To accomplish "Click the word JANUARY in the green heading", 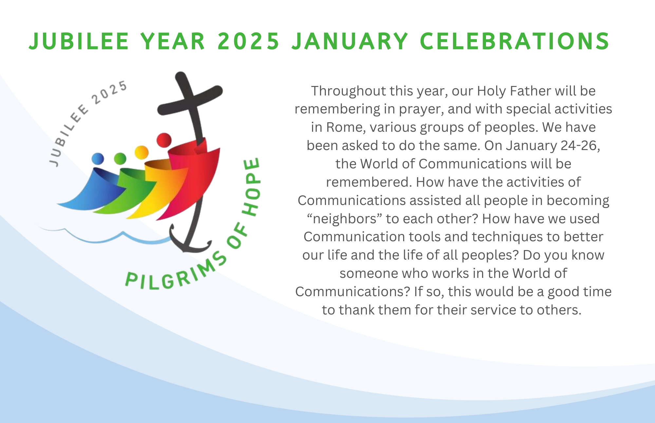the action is coord(350,41).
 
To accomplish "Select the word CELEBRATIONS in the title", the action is coord(515,41).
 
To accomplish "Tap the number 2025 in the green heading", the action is coord(248,41).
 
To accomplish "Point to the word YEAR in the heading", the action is coord(173,41).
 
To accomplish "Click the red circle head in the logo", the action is coord(164,140).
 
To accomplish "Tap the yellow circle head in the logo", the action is coord(141,152).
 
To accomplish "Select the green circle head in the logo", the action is coord(120,159).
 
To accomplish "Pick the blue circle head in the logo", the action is coord(98,159).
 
